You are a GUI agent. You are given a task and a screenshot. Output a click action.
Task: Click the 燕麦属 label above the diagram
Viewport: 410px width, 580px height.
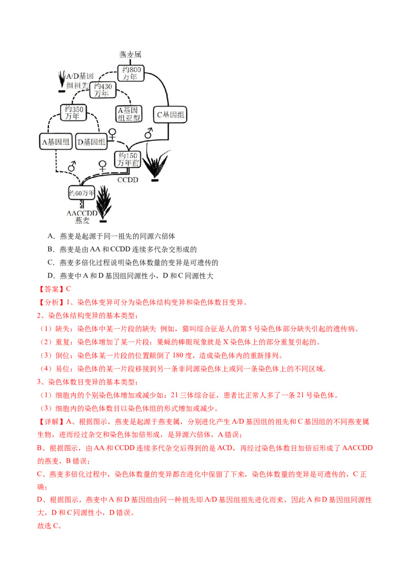[x=130, y=54]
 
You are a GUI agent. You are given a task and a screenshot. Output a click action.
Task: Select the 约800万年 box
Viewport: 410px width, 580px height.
[x=131, y=73]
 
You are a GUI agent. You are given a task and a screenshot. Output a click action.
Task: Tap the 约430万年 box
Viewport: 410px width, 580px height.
[x=102, y=90]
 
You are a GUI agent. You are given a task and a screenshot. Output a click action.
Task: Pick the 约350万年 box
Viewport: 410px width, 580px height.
[x=74, y=112]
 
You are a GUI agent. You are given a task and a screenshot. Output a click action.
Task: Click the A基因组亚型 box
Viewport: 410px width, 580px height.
[x=129, y=114]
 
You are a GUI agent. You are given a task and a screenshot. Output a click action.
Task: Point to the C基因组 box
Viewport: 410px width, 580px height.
[x=170, y=115]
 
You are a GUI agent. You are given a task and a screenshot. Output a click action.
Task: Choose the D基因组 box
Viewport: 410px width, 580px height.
[x=91, y=142]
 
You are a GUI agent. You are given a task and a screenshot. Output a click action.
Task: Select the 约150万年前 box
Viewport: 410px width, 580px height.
[x=128, y=159]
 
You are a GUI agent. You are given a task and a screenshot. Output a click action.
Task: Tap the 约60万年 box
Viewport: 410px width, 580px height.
[x=82, y=193]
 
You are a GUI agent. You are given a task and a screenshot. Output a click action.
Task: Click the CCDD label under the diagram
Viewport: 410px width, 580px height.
[x=128, y=180]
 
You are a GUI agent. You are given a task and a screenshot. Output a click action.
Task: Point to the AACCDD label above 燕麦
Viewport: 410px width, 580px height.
[x=82, y=214]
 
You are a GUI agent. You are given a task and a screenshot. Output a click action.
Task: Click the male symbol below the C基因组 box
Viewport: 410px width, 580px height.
[x=149, y=133]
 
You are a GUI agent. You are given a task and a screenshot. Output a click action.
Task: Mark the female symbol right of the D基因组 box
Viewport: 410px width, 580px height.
[x=112, y=134]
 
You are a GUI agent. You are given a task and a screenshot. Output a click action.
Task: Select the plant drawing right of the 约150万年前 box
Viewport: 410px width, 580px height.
[x=155, y=163]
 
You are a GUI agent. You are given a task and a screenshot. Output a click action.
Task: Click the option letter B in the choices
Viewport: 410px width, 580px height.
[x=51, y=250]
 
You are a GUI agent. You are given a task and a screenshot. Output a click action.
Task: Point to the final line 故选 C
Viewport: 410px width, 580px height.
[x=49, y=526]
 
